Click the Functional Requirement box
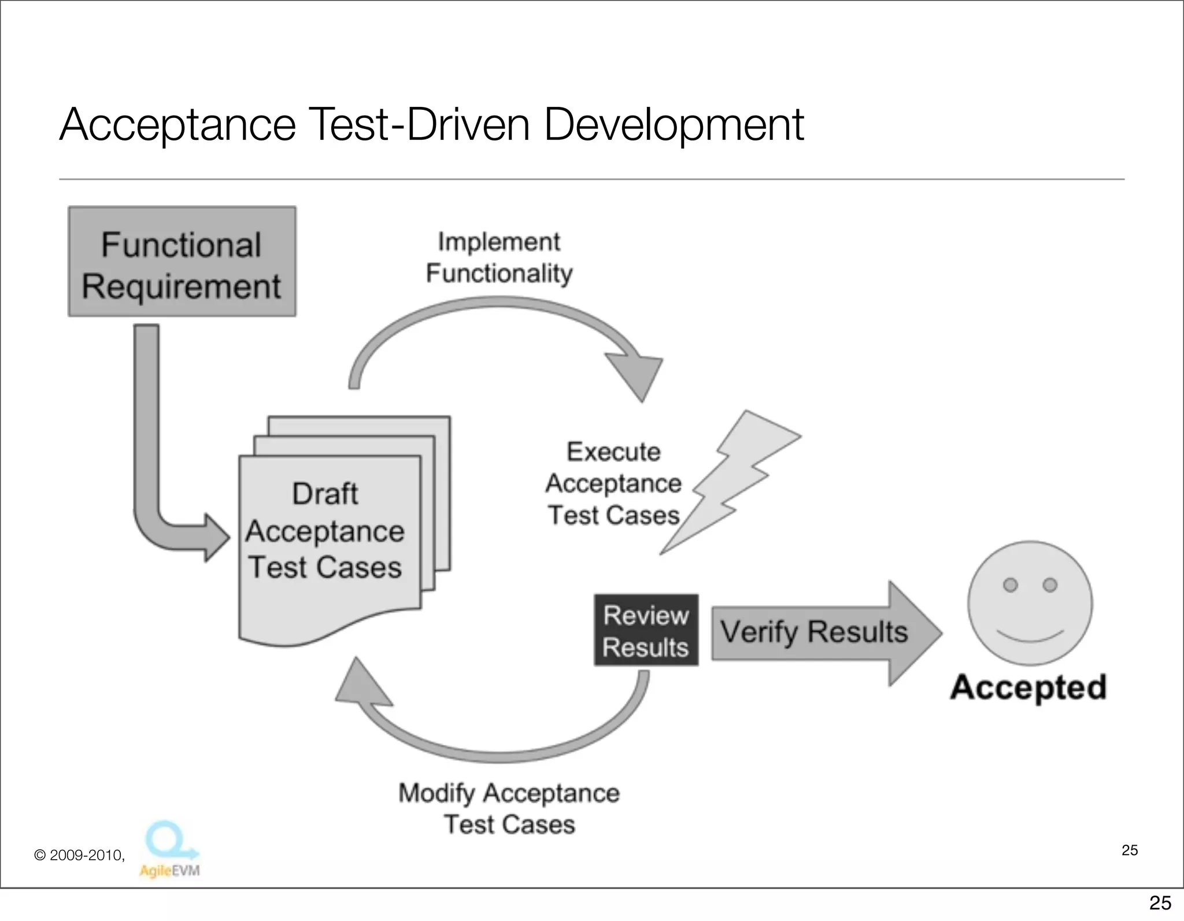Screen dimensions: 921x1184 182,262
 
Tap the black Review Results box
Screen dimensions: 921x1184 646,630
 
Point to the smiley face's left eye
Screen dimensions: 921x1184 1010,585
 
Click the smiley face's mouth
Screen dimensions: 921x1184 1030,637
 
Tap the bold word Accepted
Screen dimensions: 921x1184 1028,687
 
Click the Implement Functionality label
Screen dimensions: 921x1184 499,257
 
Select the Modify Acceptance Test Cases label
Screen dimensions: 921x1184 509,808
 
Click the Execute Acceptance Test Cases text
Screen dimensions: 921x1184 613,483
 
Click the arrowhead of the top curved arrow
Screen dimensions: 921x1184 636,373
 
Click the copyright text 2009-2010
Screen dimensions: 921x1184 80,855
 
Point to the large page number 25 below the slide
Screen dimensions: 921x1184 1160,903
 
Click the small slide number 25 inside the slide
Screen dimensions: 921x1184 1129,850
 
